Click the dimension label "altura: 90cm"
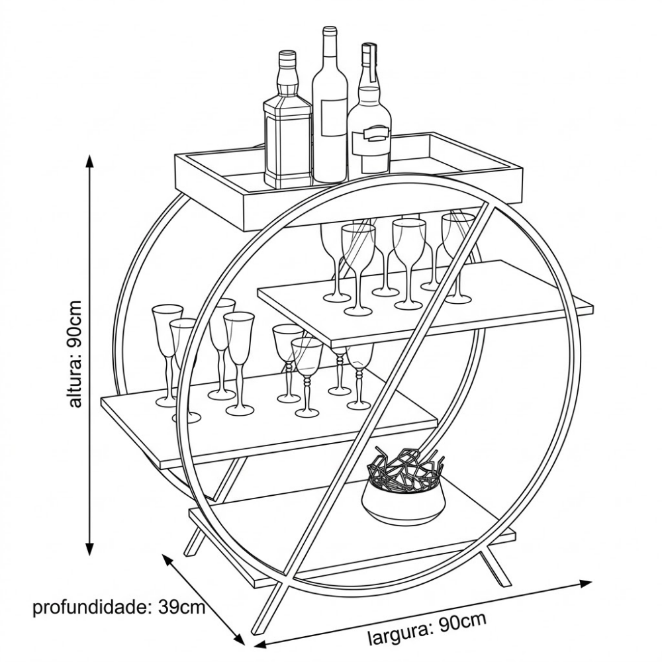(x=75, y=354)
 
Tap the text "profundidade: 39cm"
(x=119, y=607)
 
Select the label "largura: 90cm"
(x=427, y=628)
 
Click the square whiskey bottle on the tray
(x=287, y=132)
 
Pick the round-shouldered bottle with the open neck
(x=369, y=126)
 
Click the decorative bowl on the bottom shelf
(x=404, y=500)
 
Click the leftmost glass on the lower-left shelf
(x=166, y=351)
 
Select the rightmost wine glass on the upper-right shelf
(x=458, y=255)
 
